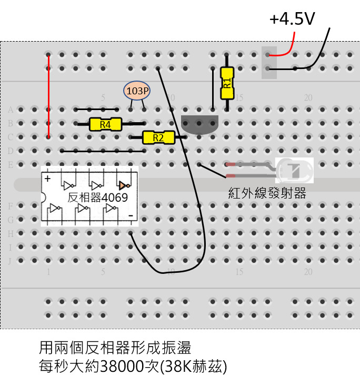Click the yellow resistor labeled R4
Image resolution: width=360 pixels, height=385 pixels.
(x=105, y=124)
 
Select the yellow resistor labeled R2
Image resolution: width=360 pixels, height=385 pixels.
(x=158, y=138)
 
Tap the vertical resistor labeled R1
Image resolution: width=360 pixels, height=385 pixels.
(x=227, y=83)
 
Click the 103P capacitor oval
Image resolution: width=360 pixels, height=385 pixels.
(x=137, y=91)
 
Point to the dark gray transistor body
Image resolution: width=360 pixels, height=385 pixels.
(x=199, y=124)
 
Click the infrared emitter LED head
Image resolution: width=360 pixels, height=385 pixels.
(x=294, y=170)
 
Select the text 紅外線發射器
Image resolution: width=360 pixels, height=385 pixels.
(x=267, y=193)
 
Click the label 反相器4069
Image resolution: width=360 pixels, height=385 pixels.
(x=98, y=198)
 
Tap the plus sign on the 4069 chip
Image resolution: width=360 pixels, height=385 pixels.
(x=47, y=178)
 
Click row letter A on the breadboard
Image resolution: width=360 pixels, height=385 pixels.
(x=10, y=110)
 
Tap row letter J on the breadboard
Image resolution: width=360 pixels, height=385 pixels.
(x=10, y=260)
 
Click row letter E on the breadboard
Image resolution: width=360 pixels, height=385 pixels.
(x=10, y=164)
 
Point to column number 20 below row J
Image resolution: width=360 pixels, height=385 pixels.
(x=308, y=272)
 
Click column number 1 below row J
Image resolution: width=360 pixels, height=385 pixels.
(x=48, y=272)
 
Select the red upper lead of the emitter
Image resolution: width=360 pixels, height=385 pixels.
(x=232, y=165)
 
